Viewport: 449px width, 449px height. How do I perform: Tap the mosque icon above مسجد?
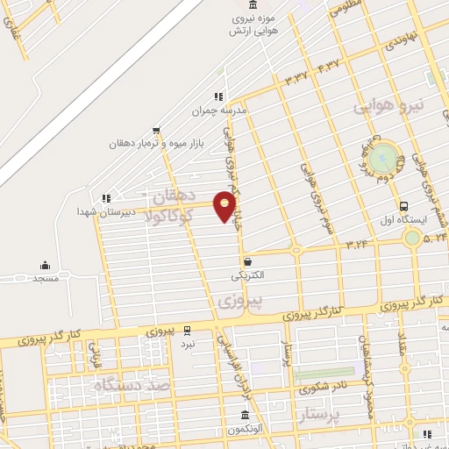click(46, 265)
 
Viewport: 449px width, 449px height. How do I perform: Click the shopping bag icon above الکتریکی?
click(248, 261)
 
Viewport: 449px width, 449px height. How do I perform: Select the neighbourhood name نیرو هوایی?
click(388, 106)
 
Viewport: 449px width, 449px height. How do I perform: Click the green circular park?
click(382, 159)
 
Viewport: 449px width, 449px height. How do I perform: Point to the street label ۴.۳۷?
click(328, 64)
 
